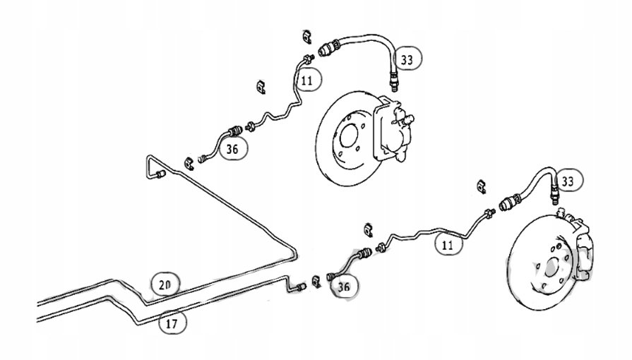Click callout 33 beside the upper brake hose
click(406, 59)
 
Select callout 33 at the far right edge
click(572, 181)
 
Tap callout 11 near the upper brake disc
click(305, 80)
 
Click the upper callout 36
click(232, 148)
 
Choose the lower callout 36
click(343, 286)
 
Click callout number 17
click(172, 323)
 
